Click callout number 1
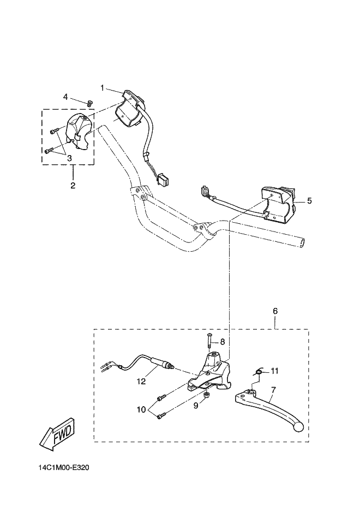(x=102, y=87)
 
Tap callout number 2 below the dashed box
(x=73, y=185)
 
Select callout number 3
(x=70, y=158)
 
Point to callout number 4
(x=65, y=97)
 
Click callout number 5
(x=309, y=201)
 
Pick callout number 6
(x=275, y=311)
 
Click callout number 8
(x=222, y=342)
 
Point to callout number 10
(x=141, y=409)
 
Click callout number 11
(x=274, y=371)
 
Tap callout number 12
(x=141, y=382)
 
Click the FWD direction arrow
(x=57, y=435)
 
